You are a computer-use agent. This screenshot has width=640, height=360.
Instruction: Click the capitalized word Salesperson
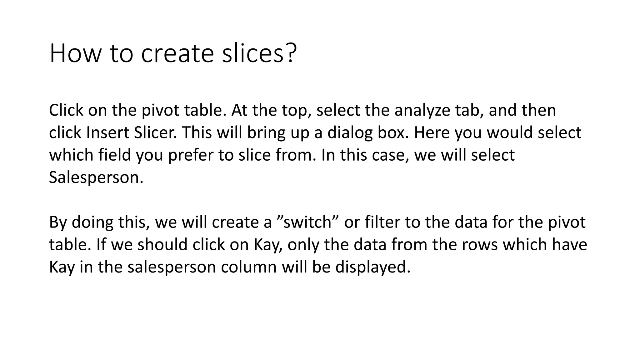point(96,177)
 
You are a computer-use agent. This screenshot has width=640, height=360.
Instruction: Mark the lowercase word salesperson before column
point(172,267)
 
